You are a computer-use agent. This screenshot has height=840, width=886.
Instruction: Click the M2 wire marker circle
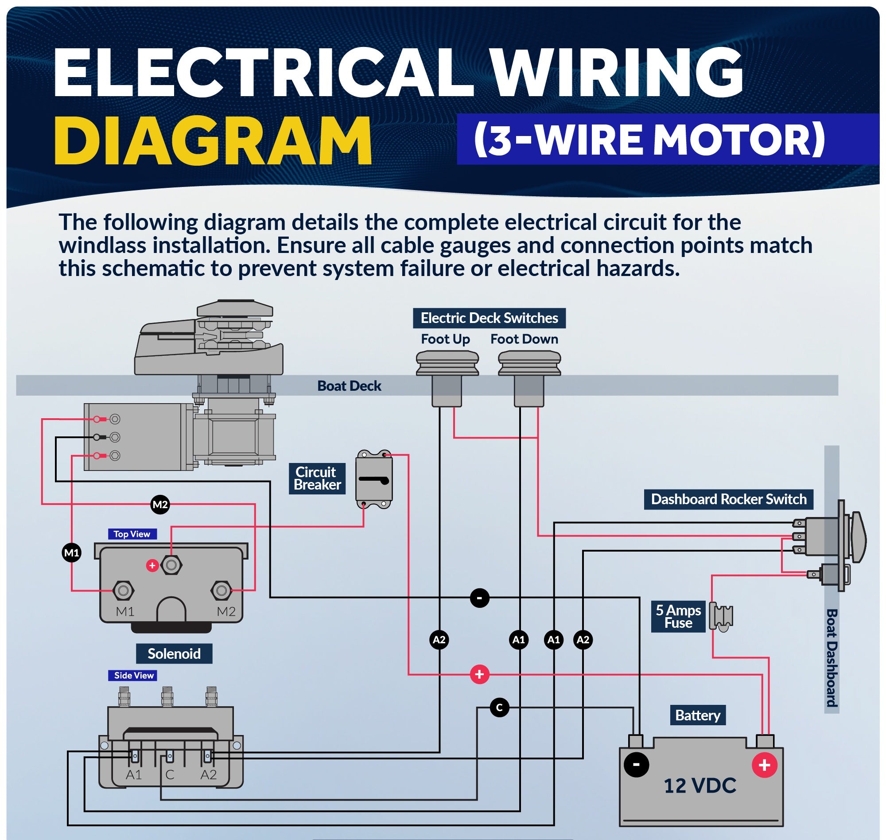160,505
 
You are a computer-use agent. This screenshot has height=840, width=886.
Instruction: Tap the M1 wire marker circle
72,552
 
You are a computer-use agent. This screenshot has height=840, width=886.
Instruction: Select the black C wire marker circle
499,708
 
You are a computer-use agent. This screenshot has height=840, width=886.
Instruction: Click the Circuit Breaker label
317,478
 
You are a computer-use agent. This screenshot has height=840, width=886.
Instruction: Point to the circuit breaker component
374,479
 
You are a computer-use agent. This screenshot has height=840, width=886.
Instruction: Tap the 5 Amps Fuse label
678,617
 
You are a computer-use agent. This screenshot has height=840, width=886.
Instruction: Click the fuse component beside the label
721,617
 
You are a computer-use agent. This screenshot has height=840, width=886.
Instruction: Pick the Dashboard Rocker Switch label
728,499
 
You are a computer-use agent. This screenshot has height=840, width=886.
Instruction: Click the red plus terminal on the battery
764,765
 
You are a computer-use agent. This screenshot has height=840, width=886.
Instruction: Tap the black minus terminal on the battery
636,765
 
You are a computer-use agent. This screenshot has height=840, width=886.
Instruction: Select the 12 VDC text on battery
700,786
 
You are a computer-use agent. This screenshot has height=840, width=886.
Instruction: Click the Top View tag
132,534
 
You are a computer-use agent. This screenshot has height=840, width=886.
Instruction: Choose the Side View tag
133,675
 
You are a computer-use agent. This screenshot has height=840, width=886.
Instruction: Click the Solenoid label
174,654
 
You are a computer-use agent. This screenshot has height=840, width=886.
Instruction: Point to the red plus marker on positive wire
479,674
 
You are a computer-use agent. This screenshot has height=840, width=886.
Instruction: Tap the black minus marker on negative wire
479,598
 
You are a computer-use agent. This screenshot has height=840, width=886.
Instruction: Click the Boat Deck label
349,386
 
